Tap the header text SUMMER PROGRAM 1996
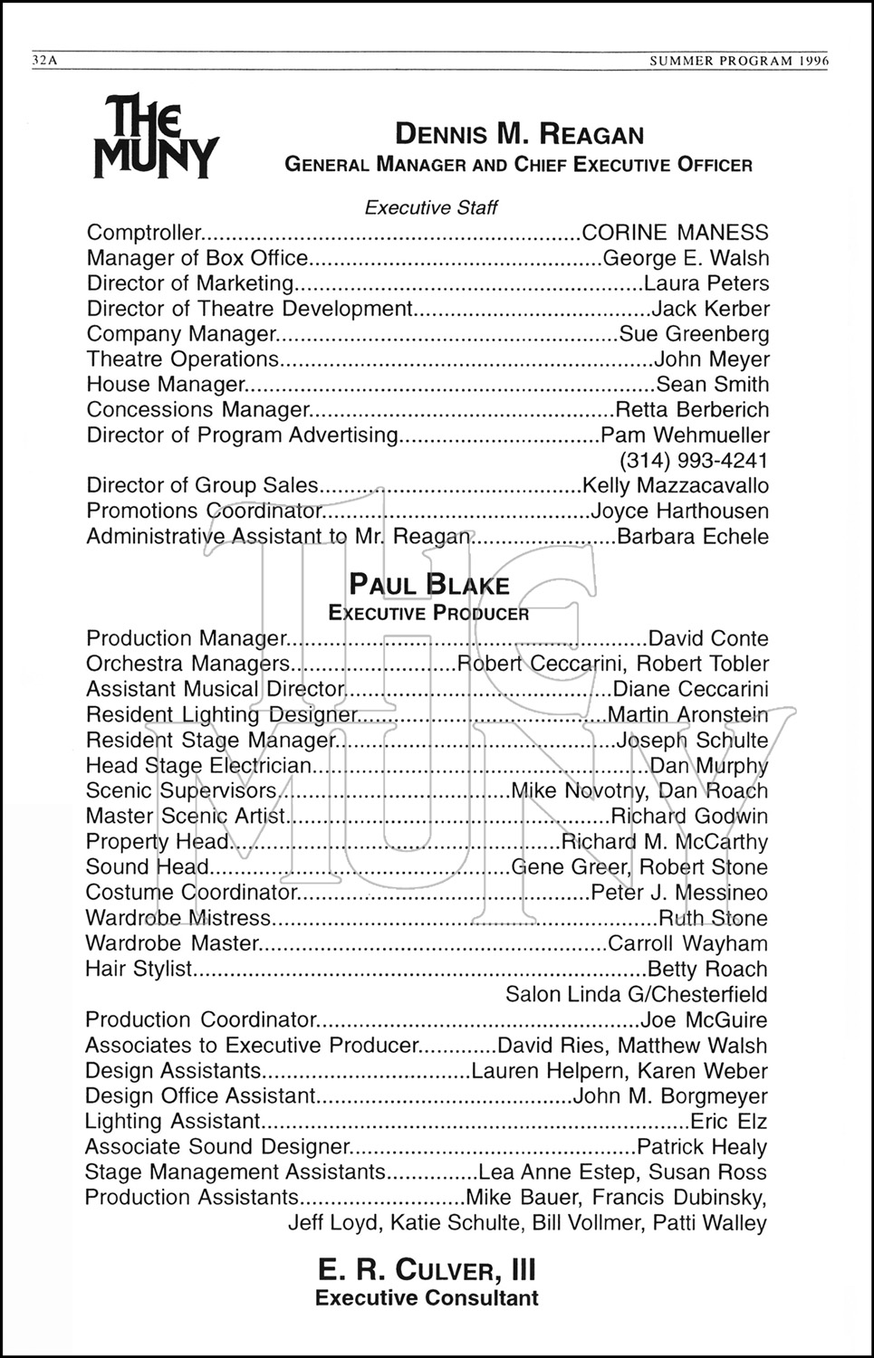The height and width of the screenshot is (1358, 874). tap(740, 61)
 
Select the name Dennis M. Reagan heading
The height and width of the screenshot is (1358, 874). tap(519, 135)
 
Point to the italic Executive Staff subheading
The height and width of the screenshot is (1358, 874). tap(431, 208)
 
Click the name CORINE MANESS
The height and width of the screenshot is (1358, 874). tap(675, 233)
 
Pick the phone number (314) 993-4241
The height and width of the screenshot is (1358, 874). tap(694, 459)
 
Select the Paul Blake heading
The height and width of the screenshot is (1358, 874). tap(429, 585)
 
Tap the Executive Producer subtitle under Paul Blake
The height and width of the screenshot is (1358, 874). tap(428, 613)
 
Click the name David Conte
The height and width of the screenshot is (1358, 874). tap(709, 638)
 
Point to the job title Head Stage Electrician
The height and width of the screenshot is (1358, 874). tap(198, 766)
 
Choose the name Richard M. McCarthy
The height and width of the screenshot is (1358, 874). tap(665, 842)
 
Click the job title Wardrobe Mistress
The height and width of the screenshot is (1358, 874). tap(178, 918)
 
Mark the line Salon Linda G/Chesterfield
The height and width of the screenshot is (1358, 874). tap(636, 994)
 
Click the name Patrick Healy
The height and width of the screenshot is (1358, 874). tap(702, 1147)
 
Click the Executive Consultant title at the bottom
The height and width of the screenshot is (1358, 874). tap(427, 1298)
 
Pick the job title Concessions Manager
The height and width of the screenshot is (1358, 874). tap(198, 410)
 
